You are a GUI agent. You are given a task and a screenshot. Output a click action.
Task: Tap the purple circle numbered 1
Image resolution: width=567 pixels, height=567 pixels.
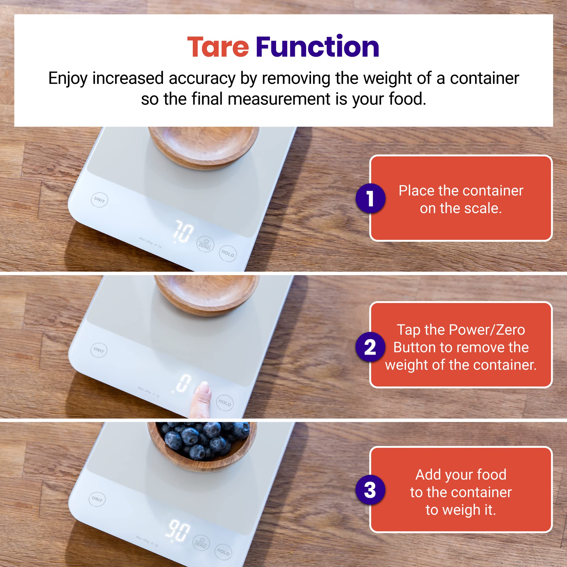370,198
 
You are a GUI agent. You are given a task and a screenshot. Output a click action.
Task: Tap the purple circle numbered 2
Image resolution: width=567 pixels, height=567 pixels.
370,347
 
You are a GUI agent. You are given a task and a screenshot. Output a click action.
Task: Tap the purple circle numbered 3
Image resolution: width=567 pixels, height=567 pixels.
370,490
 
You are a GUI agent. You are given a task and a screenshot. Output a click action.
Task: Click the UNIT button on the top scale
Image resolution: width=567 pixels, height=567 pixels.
100,200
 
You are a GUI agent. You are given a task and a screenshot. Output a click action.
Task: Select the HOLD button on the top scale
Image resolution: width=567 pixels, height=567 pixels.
228,253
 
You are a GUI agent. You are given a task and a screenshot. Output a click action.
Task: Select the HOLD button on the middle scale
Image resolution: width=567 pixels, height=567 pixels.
225,403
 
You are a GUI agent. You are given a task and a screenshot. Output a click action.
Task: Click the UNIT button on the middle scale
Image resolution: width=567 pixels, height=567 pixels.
99,350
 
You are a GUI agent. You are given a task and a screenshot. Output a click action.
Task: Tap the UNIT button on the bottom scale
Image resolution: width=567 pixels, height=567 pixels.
97,499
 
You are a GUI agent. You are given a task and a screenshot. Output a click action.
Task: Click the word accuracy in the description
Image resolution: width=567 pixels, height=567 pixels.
202,78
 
